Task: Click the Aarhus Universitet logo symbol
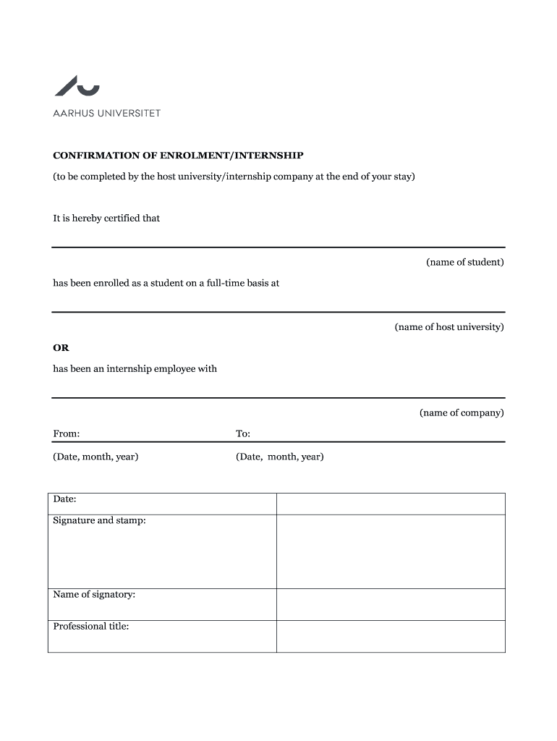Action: (x=77, y=86)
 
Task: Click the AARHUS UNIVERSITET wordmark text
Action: (x=107, y=113)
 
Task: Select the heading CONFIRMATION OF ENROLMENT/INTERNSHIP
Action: (x=178, y=156)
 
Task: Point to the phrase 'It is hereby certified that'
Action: (x=106, y=218)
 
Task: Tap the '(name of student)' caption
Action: (x=464, y=262)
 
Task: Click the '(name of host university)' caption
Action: (x=448, y=327)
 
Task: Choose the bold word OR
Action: (x=61, y=348)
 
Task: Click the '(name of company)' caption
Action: (x=462, y=412)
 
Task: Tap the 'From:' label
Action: (x=67, y=433)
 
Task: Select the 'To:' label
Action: (x=243, y=433)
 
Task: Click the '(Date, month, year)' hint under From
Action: (x=95, y=457)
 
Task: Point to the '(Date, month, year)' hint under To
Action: (x=280, y=457)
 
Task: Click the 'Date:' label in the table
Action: (x=65, y=499)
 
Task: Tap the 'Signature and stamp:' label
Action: (x=99, y=520)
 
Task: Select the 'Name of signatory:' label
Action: (x=94, y=595)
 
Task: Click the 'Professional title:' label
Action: (x=91, y=626)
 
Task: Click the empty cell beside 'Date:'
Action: (x=391, y=504)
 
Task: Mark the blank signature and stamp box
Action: (x=391, y=551)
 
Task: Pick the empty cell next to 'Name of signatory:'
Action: (x=391, y=604)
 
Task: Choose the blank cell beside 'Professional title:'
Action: (x=391, y=636)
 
